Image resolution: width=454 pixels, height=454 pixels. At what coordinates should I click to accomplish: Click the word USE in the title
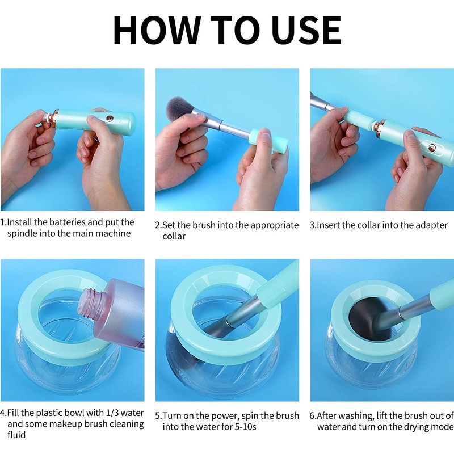click(306, 30)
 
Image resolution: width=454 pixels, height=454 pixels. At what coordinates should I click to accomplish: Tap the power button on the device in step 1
click(110, 118)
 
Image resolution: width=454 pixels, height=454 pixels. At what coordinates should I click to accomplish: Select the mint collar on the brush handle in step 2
click(268, 141)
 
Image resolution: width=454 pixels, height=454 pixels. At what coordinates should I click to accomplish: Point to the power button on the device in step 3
click(432, 148)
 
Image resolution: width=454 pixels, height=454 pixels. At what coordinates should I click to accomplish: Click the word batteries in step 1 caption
click(67, 222)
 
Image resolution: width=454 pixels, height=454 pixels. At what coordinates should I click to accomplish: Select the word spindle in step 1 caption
click(22, 233)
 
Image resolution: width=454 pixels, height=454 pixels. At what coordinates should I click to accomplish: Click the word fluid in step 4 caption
click(16, 435)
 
